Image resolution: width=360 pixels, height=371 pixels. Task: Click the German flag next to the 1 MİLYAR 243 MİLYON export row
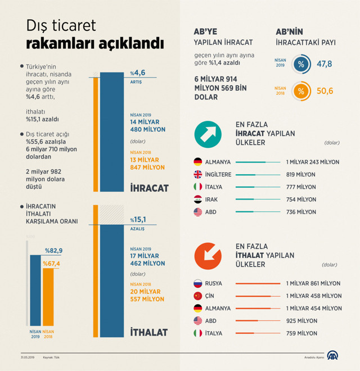pyautogui.click(x=197, y=162)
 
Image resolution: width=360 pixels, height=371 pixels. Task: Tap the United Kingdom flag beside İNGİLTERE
pyautogui.click(x=197, y=174)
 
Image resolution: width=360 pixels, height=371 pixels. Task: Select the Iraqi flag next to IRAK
pyautogui.click(x=197, y=200)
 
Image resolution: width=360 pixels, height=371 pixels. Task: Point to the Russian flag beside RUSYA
pyautogui.click(x=197, y=283)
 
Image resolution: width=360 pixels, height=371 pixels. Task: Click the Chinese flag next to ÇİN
pyautogui.click(x=197, y=296)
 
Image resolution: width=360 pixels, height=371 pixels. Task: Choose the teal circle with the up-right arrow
pyautogui.click(x=208, y=134)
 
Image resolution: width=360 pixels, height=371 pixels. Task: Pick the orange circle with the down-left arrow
pyautogui.click(x=208, y=255)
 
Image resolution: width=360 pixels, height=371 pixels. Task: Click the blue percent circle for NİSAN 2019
pyautogui.click(x=301, y=64)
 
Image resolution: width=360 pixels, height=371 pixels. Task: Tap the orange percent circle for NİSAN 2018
pyautogui.click(x=301, y=91)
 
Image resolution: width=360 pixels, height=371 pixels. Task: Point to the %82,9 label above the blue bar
pyautogui.click(x=54, y=250)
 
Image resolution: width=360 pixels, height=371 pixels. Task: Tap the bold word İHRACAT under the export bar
pyautogui.click(x=149, y=188)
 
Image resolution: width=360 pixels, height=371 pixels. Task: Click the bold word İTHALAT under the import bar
pyautogui.click(x=149, y=332)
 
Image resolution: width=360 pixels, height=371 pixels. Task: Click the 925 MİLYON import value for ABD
pyautogui.click(x=301, y=321)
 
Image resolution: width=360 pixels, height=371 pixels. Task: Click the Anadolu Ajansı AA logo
pyautogui.click(x=334, y=356)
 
